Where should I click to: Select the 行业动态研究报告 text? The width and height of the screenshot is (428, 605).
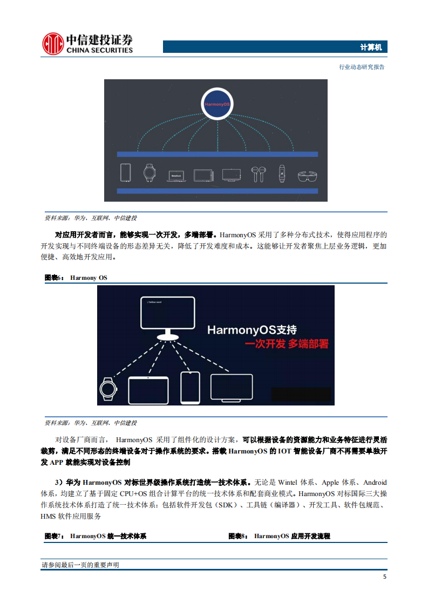(362, 67)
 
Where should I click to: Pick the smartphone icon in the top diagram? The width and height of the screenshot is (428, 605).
(125, 173)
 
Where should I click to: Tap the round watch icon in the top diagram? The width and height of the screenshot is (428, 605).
(149, 173)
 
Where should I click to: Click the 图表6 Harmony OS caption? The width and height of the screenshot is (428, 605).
(76, 278)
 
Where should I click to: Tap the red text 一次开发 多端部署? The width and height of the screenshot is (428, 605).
(287, 344)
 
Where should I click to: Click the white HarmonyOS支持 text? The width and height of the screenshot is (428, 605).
(252, 329)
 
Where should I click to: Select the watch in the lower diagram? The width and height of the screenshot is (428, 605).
(108, 389)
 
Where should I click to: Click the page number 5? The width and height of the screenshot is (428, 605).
(384, 577)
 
